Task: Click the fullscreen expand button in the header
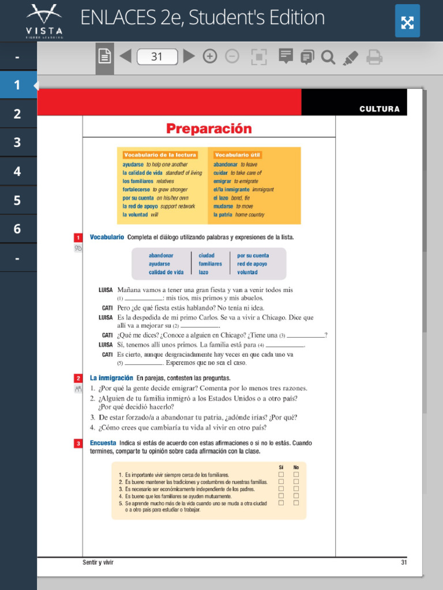click(x=407, y=22)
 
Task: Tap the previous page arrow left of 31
click(x=125, y=56)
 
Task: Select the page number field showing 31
click(x=157, y=56)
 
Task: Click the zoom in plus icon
click(x=210, y=56)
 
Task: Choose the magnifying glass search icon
click(x=328, y=56)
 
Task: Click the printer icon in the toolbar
click(x=374, y=56)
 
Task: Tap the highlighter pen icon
click(x=350, y=57)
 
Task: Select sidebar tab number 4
click(x=17, y=171)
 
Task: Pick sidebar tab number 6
click(x=17, y=229)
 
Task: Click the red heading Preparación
click(x=209, y=128)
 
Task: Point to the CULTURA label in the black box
click(x=379, y=109)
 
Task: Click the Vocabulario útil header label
click(x=237, y=155)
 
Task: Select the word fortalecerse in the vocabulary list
click(x=136, y=189)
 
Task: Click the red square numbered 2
click(x=78, y=379)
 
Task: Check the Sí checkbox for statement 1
click(x=281, y=475)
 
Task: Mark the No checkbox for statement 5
click(x=296, y=502)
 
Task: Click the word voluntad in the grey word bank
click(x=247, y=272)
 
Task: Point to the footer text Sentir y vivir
click(x=98, y=562)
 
